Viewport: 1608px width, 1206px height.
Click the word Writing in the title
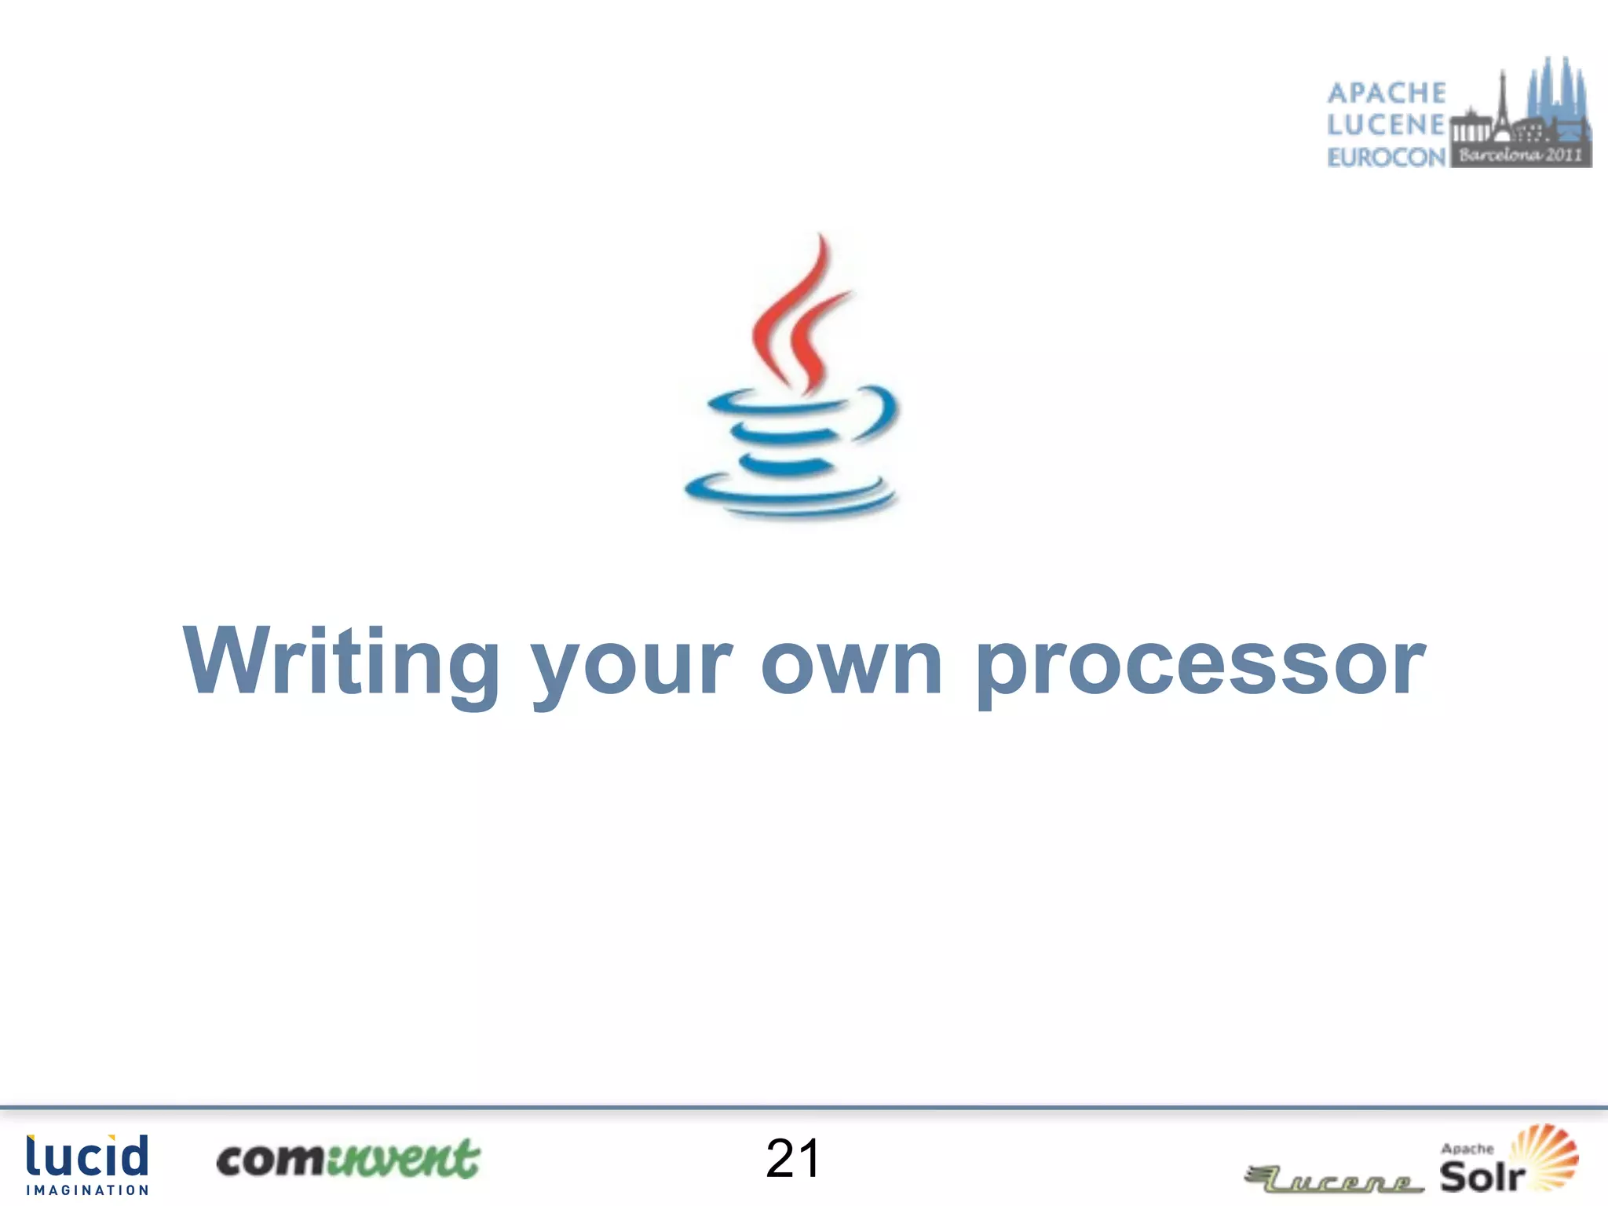coord(341,661)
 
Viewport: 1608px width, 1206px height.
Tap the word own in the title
coord(851,666)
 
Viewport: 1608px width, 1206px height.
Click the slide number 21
coord(793,1158)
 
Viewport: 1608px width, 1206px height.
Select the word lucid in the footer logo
coord(87,1157)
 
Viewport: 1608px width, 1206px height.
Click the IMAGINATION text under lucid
coord(87,1190)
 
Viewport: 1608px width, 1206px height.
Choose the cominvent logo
coord(348,1160)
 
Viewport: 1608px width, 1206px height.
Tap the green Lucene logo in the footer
coord(1335,1180)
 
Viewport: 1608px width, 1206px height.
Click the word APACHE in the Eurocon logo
coord(1387,93)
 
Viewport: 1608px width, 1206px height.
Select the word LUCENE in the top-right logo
coord(1387,125)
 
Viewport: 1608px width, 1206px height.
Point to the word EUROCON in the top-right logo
coord(1387,157)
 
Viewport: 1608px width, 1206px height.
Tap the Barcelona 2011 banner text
coord(1520,155)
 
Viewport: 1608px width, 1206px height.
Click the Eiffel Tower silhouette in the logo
coord(1503,106)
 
